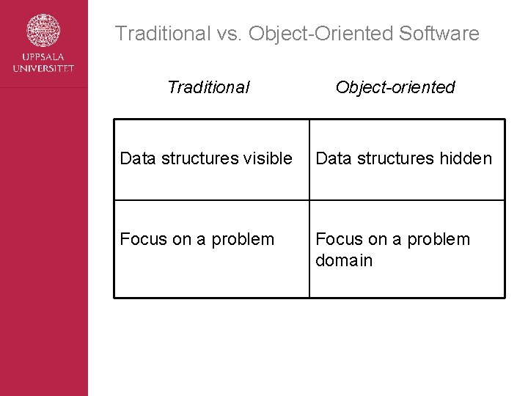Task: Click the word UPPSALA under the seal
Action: [44, 58]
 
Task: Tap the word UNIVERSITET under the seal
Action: [44, 68]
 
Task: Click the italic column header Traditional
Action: [208, 87]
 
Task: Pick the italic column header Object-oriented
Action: [395, 87]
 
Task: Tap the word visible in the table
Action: [266, 158]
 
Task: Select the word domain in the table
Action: [344, 260]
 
